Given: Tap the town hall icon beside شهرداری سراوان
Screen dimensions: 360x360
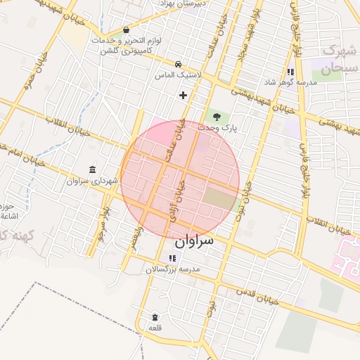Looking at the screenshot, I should pos(93,169).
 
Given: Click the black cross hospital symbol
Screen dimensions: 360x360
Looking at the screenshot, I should pos(184,94).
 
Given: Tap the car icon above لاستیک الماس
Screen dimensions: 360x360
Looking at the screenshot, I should pos(179,63).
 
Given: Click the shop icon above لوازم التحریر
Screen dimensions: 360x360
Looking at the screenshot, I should pos(125,30).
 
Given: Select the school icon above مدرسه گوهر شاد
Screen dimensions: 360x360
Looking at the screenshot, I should pos(290,72).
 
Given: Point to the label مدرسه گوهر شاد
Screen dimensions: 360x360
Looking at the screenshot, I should pos(290,83).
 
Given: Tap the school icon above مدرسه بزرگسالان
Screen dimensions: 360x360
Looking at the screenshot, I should pos(173,259).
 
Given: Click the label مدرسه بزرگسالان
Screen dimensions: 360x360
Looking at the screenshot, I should pos(173,270).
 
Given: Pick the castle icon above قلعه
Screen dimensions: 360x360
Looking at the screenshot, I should pos(155,317).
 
